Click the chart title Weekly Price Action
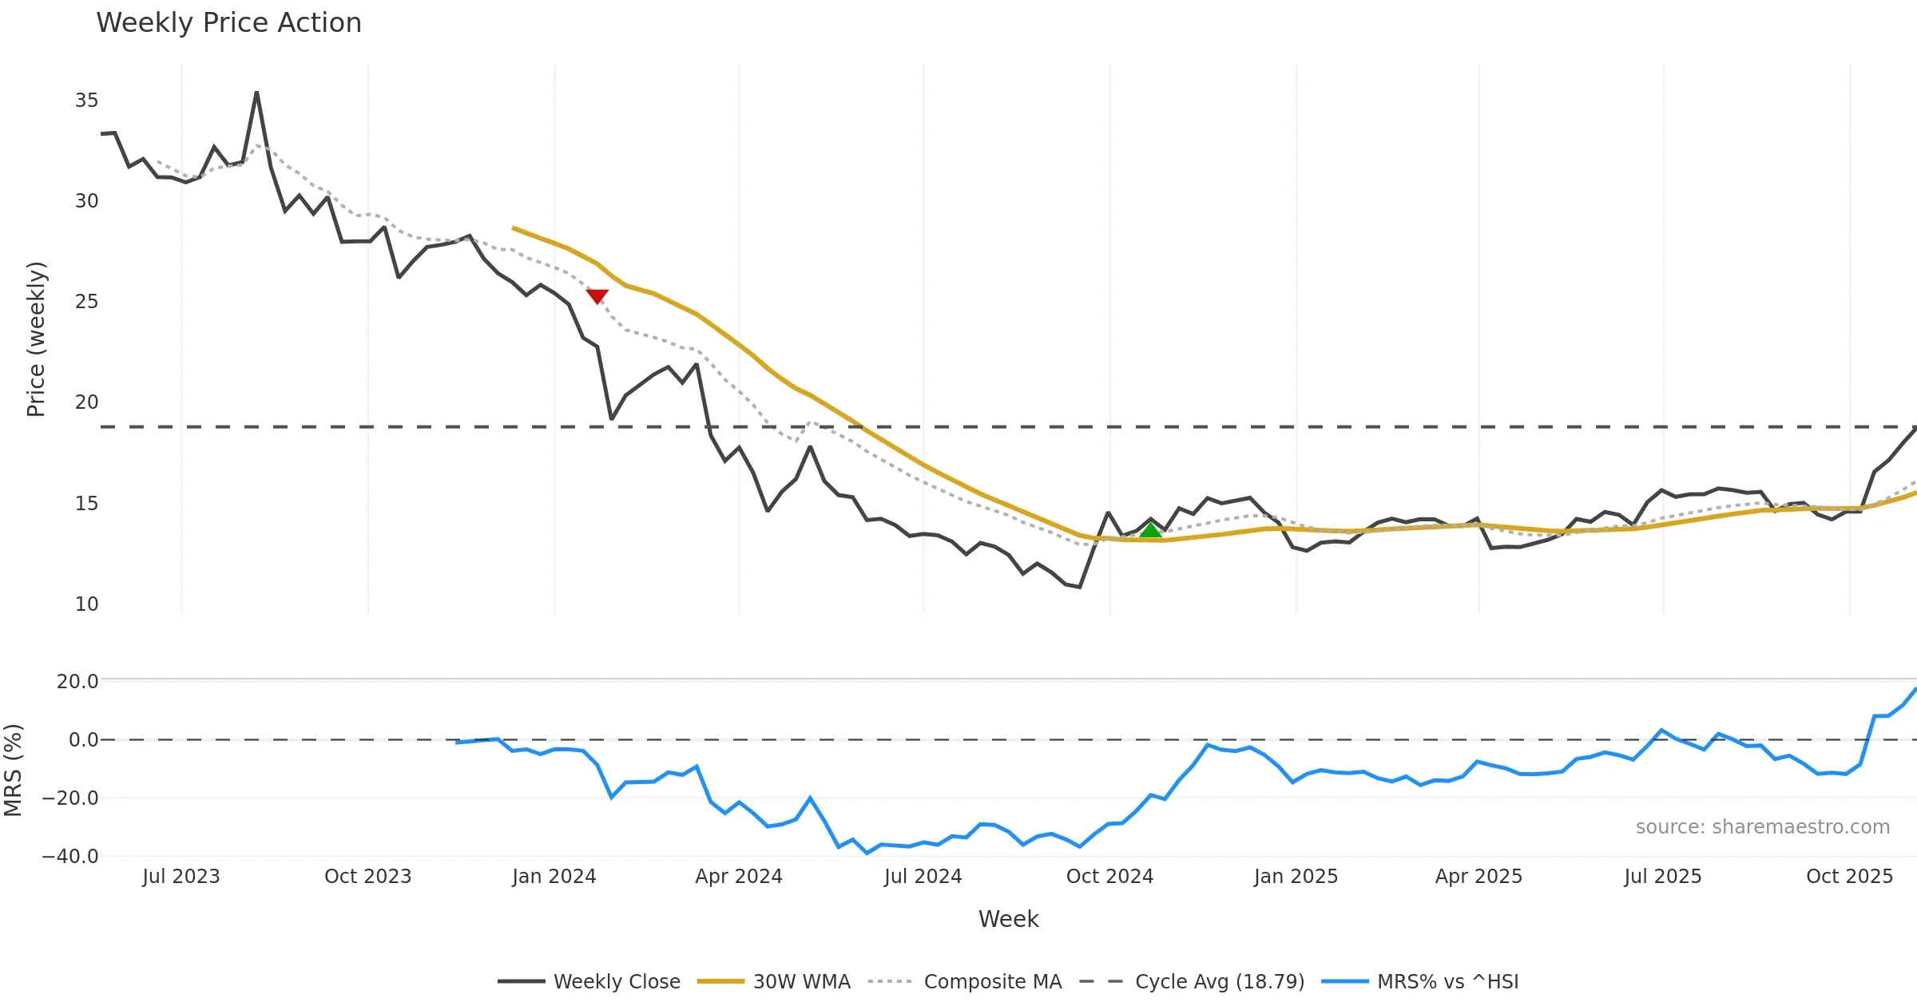pos(228,23)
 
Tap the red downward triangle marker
pos(597,296)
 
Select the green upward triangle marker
pos(1150,531)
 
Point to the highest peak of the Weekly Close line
pos(256,93)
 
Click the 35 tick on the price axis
pos(86,101)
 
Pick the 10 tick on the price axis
pos(86,604)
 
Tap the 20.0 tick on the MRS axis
pos(77,681)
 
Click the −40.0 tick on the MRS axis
pos(70,857)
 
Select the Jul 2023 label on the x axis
pos(181,877)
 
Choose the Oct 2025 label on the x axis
pos(1849,877)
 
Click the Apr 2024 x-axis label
pos(739,877)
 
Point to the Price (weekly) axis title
pos(36,339)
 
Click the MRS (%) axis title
pos(13,770)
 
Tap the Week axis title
pos(1008,919)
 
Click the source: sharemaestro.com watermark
pos(1762,827)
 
